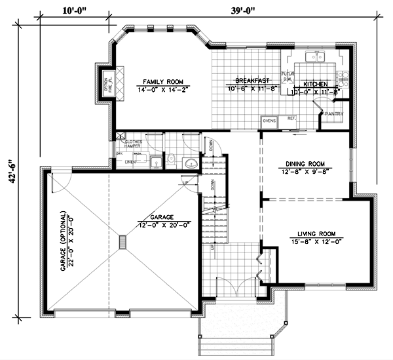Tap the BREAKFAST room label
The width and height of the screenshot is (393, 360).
(244, 81)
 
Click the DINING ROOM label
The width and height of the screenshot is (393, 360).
(304, 164)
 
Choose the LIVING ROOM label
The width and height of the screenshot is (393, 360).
(316, 233)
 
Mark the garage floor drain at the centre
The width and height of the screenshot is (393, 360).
(122, 243)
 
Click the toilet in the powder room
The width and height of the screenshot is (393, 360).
(169, 158)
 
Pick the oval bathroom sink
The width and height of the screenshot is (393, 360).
(190, 162)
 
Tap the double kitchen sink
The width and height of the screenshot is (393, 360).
(318, 58)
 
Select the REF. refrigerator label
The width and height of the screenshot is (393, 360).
(291, 118)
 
